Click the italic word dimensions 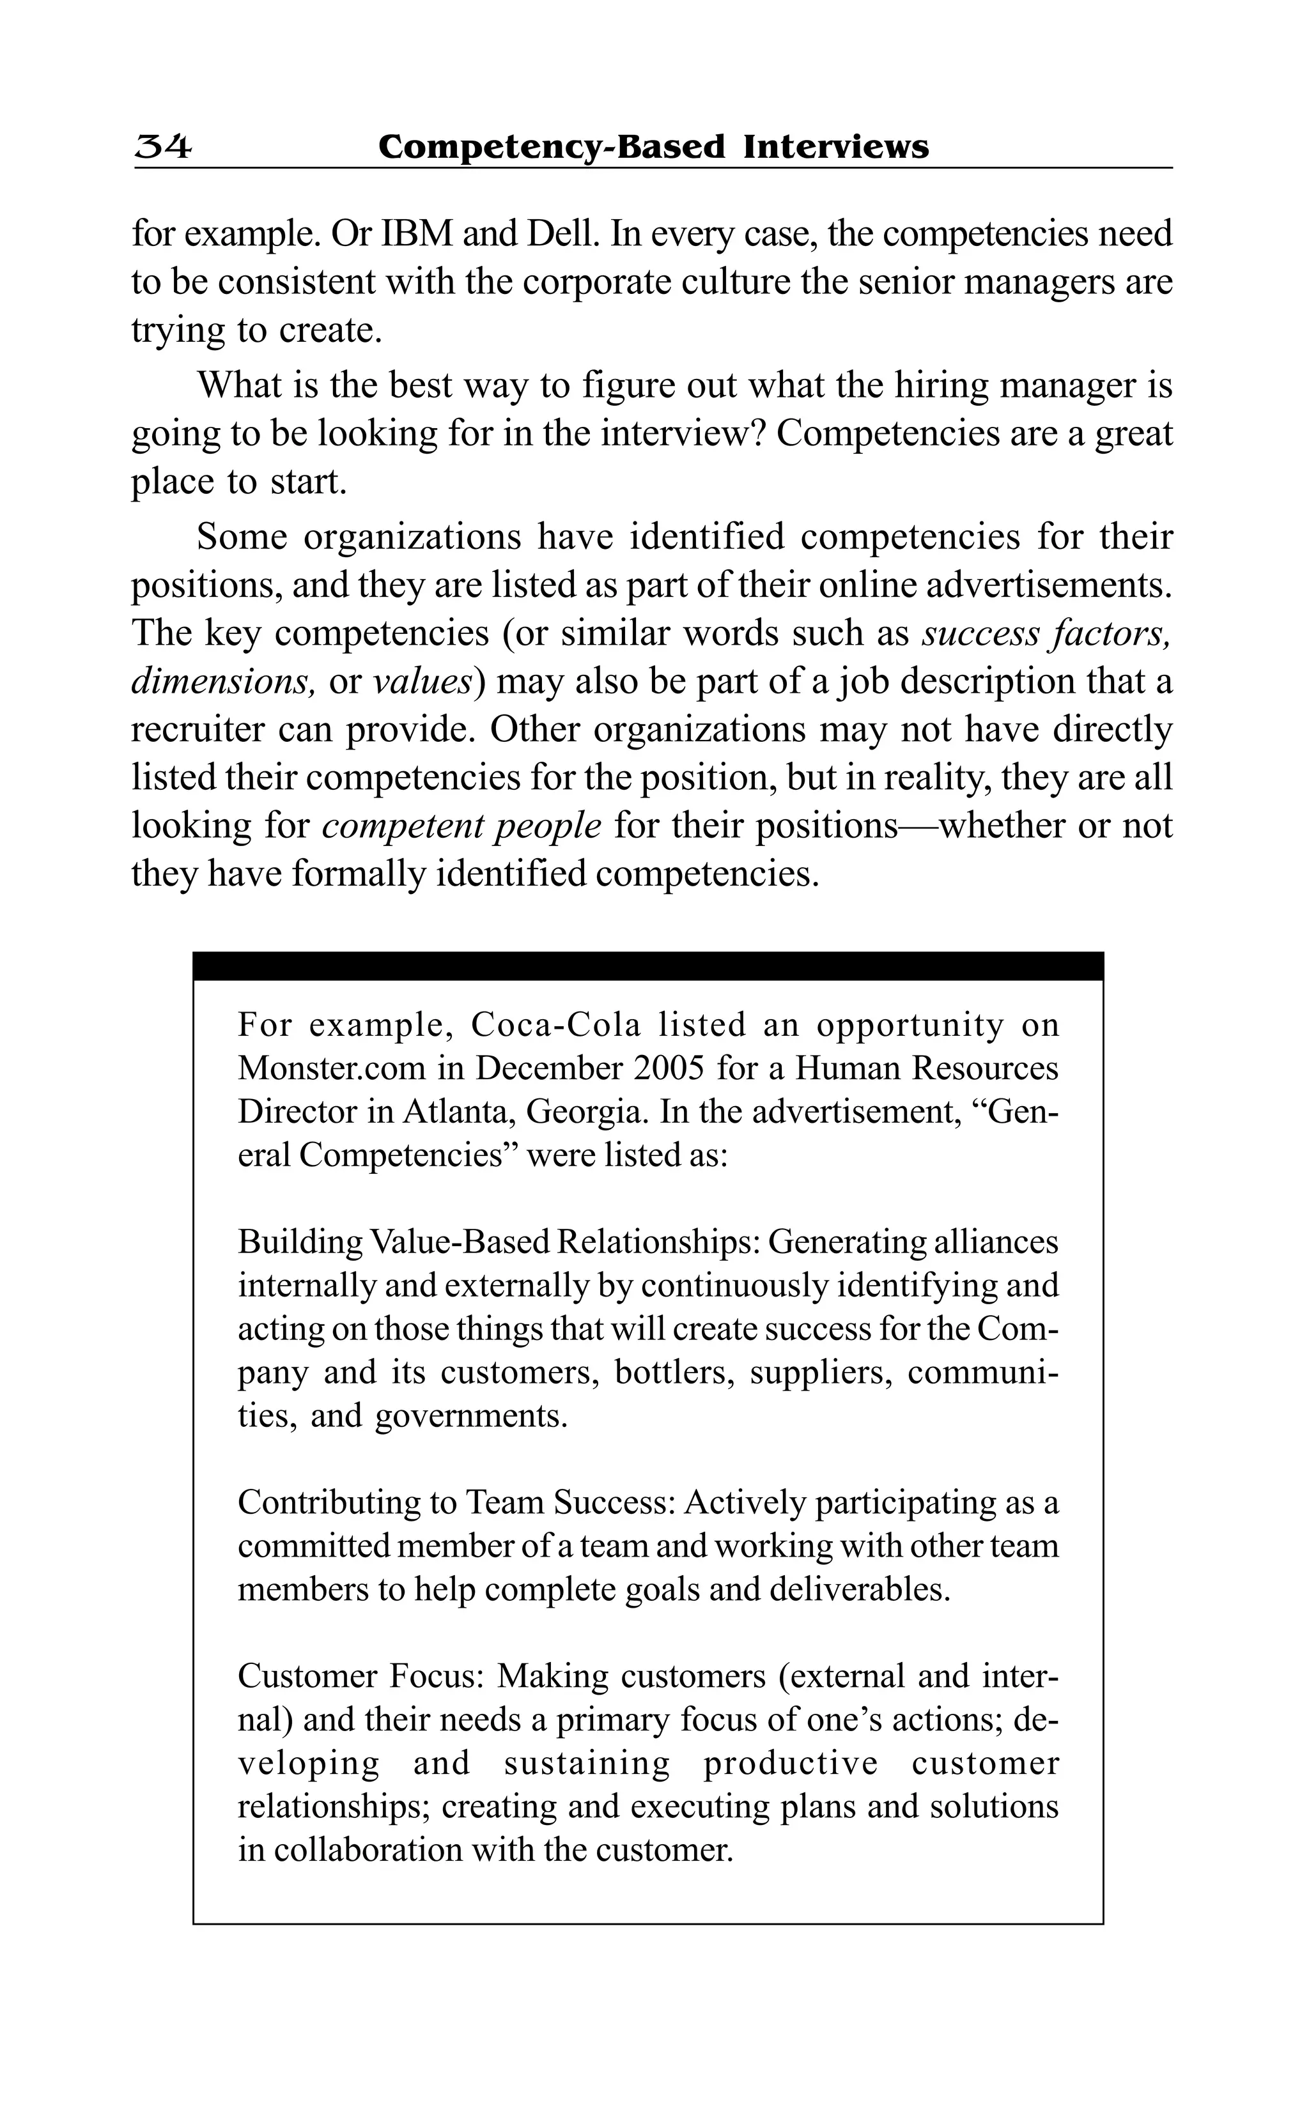222,681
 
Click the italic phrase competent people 461,825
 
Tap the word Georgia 588,1111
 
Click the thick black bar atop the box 647,966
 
